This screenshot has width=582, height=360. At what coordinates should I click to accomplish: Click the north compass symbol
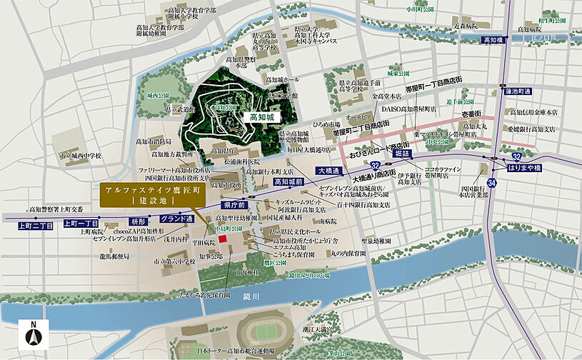pyautogui.click(x=34, y=334)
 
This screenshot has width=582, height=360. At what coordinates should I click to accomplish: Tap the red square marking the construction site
pyautogui.click(x=222, y=239)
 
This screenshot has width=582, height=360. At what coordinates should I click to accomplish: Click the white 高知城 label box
pyautogui.click(x=260, y=116)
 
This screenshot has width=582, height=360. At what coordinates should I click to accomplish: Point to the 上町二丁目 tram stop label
pyautogui.click(x=36, y=225)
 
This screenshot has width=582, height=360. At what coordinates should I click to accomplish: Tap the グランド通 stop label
pyautogui.click(x=176, y=218)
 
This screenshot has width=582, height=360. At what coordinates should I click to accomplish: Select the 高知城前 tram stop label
pyautogui.click(x=291, y=182)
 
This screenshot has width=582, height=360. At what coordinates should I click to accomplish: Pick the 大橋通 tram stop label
pyautogui.click(x=331, y=170)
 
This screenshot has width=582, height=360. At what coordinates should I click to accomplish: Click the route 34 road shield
pyautogui.click(x=492, y=184)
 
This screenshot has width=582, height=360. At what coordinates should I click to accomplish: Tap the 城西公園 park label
pyautogui.click(x=157, y=95)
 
